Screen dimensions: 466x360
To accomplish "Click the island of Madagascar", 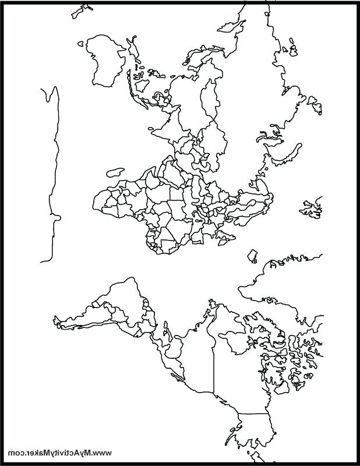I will [x=115, y=172].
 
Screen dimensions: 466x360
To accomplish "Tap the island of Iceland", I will [x=252, y=256].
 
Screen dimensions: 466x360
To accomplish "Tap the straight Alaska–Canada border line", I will [x=253, y=414].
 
